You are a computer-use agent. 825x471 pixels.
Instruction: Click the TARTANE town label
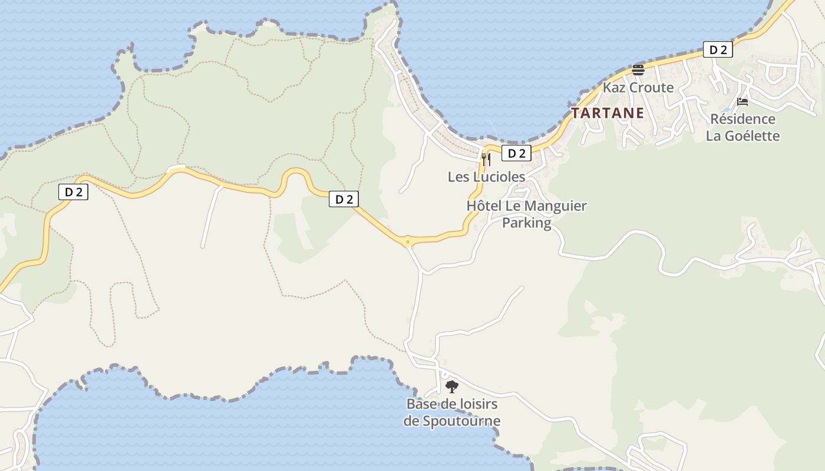click(x=608, y=113)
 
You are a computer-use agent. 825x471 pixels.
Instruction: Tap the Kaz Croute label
click(x=638, y=88)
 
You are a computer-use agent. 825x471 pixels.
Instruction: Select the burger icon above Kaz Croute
click(x=638, y=70)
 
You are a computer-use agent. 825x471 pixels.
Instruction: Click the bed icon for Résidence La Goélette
click(x=742, y=102)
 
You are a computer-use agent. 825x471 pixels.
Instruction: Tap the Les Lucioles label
click(x=486, y=177)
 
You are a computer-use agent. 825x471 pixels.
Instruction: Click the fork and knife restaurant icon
click(x=486, y=159)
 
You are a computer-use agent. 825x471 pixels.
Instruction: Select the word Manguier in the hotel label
click(x=555, y=206)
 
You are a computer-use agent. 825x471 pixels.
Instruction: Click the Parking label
click(x=526, y=223)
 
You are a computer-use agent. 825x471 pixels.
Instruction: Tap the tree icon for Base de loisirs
click(x=452, y=387)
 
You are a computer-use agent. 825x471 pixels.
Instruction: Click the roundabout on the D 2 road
click(x=407, y=241)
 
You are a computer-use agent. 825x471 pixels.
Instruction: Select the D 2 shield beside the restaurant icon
click(x=516, y=154)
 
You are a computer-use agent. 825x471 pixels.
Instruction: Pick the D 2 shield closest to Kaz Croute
click(x=718, y=50)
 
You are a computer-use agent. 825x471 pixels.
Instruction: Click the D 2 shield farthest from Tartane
click(x=74, y=192)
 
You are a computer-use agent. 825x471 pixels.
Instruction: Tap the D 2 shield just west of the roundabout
click(x=344, y=200)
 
